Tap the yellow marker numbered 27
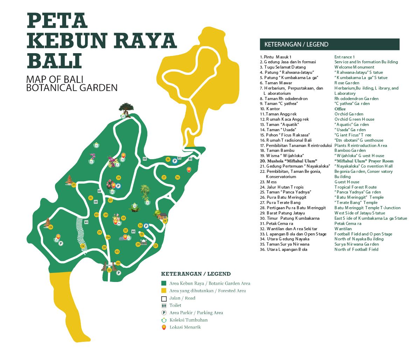pos(74,185)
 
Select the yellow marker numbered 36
pos(177,177)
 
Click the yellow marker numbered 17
pos(163,177)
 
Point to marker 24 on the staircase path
pos(83,246)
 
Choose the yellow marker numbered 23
pos(155,246)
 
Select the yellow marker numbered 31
pos(90,198)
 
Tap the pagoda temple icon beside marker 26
pos(48,223)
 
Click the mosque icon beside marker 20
pos(144,242)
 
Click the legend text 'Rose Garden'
pos(347,83)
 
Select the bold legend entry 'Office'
pos(340,109)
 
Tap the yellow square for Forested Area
pos(163,291)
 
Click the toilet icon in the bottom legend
pos(163,305)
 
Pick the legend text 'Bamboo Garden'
pos(350,150)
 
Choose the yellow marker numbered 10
pos(118,178)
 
